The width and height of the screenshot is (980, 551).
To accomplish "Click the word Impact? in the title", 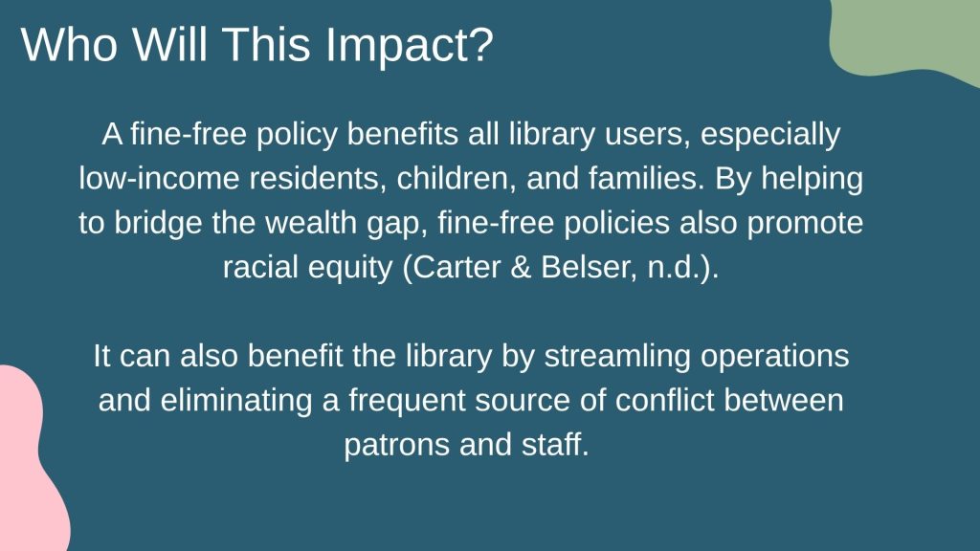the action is pyautogui.click(x=410, y=46).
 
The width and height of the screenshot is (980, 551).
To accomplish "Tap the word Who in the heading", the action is pyautogui.click(x=69, y=44).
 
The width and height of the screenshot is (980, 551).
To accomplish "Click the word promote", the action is pyautogui.click(x=805, y=224).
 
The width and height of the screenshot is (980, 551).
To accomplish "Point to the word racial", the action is pyautogui.click(x=260, y=268).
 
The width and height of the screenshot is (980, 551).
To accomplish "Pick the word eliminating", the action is pyautogui.click(x=236, y=402).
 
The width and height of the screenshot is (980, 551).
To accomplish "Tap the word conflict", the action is pyautogui.click(x=664, y=401).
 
